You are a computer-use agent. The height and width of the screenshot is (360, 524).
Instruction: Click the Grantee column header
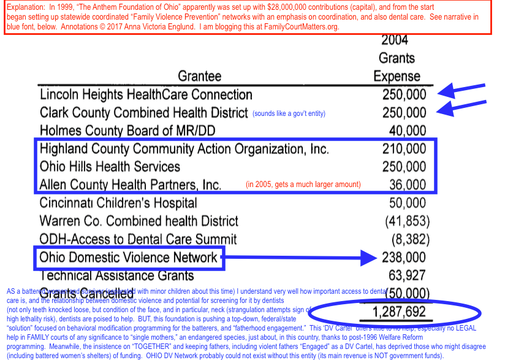click(199, 76)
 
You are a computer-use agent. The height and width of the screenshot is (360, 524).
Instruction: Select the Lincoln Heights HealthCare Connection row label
click(146, 95)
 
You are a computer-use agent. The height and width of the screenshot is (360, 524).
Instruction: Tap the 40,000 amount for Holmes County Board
click(408, 131)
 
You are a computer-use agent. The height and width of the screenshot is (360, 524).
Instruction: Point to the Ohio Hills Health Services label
click(110, 167)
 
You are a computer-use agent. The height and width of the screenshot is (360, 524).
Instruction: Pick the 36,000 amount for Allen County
click(408, 185)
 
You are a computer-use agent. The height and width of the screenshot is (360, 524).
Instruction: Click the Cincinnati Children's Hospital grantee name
click(118, 203)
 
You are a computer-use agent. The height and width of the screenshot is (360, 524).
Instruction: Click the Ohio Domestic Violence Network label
click(128, 257)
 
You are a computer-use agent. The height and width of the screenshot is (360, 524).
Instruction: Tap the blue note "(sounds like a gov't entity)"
click(289, 113)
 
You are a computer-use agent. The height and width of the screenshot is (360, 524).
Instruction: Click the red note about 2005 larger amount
click(303, 185)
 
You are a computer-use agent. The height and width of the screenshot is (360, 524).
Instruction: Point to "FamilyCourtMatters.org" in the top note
click(297, 27)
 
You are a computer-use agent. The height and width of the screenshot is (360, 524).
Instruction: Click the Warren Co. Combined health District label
click(139, 221)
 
